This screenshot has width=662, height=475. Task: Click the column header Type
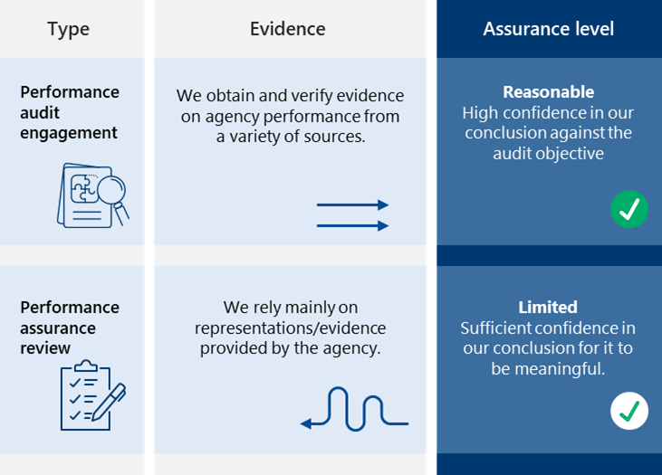tap(68, 29)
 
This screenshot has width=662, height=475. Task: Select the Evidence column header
tap(287, 29)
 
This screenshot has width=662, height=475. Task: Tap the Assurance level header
tap(548, 29)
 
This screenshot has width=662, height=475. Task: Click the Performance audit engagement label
tap(69, 112)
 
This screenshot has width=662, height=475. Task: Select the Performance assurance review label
tap(69, 328)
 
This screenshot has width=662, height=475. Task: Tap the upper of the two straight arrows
tap(352, 205)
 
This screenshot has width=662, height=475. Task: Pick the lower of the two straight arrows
tap(352, 225)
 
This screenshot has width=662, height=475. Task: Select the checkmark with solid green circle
tap(628, 209)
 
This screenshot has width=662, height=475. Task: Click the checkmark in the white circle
tap(628, 411)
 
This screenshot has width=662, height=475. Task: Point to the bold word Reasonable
tap(548, 92)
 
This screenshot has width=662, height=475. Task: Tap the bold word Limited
tap(548, 308)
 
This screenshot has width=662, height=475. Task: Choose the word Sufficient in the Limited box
tap(496, 328)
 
